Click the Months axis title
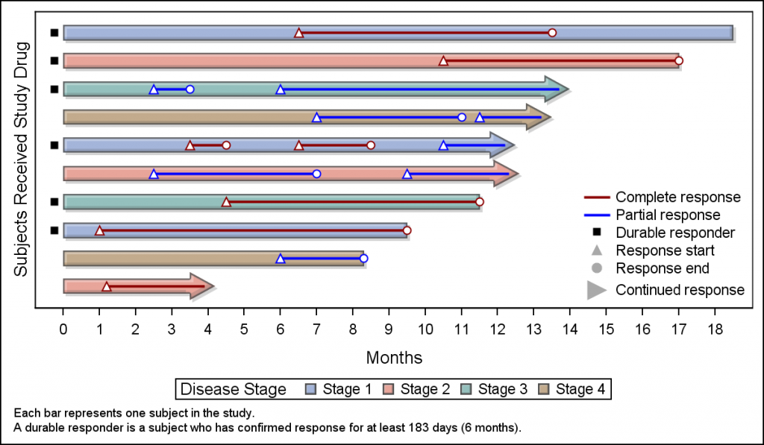[x=394, y=358]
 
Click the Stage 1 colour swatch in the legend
[x=311, y=389]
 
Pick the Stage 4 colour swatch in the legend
[x=544, y=389]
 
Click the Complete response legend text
[x=677, y=198]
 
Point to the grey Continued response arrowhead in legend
[x=596, y=290]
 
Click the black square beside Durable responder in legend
[x=596, y=233]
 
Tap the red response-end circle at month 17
[x=678, y=61]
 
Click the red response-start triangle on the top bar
[x=298, y=33]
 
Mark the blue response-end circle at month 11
[x=462, y=117]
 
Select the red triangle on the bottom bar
[x=107, y=286]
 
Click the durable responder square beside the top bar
[x=54, y=33]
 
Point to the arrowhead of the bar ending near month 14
[x=557, y=89]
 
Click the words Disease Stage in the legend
[x=234, y=389]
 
